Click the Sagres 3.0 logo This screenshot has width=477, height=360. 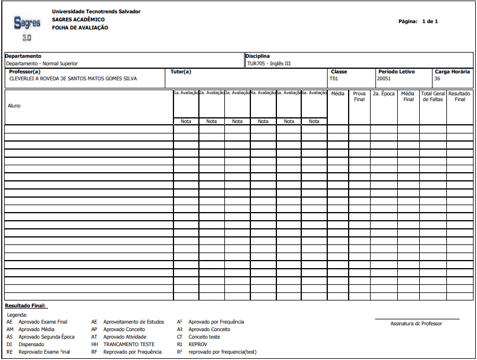[x=27, y=28]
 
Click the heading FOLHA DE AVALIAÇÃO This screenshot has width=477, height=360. [x=80, y=28]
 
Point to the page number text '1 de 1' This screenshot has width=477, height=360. [x=430, y=21]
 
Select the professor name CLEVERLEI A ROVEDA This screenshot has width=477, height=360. [x=73, y=78]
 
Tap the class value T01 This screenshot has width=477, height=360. [x=334, y=78]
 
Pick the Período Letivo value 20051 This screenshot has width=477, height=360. [x=384, y=78]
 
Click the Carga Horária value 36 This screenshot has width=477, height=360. [x=437, y=78]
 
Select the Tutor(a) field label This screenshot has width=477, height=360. [x=181, y=72]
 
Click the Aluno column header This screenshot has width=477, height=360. [x=14, y=106]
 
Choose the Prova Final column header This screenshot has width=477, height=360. [x=359, y=96]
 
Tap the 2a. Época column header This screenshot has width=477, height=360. [x=383, y=93]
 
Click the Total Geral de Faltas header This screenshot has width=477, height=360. [x=433, y=96]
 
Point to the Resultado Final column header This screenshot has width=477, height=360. [x=460, y=96]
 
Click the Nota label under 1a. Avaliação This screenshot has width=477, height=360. [x=186, y=121]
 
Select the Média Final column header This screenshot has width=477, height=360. [x=408, y=96]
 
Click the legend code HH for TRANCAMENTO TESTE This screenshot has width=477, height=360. [x=94, y=344]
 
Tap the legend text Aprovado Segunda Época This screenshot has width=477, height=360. [x=46, y=337]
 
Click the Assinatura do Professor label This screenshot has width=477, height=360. [x=416, y=324]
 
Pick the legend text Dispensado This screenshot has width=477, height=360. [x=31, y=344]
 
